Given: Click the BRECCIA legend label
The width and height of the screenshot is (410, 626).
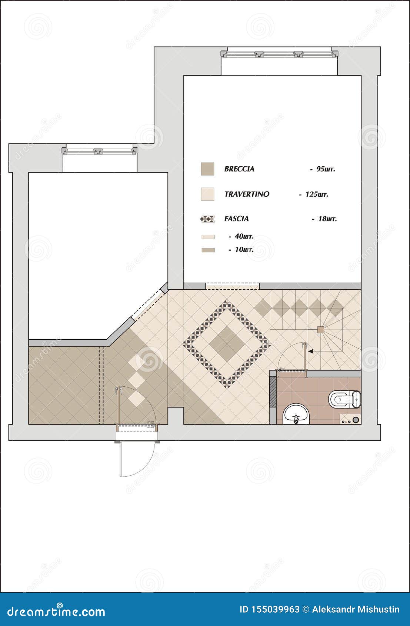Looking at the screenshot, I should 239,169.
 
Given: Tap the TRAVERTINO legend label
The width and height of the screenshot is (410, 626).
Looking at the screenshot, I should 247,194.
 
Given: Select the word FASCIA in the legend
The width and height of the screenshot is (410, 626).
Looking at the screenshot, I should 236,219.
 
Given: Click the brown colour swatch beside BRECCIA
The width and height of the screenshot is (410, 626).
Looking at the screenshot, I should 207,169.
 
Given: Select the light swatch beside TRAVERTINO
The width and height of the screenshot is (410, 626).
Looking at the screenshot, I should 207,194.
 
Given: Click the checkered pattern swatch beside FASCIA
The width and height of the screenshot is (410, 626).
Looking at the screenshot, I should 207,219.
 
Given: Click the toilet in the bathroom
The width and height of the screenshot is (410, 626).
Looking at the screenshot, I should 343,399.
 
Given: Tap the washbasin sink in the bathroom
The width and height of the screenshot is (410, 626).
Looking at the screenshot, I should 296,414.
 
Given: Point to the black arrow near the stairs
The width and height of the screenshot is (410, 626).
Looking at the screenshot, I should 311,351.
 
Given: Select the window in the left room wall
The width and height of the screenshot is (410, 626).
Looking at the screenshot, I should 99,151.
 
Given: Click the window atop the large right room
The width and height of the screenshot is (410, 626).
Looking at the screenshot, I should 279,54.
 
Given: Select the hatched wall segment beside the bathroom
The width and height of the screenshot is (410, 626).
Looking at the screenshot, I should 273,392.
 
